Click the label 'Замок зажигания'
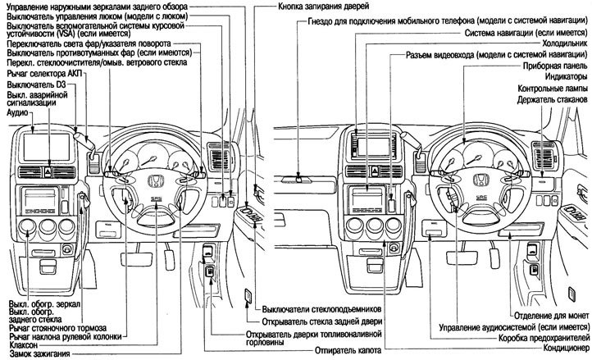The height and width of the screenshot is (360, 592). coord(36,354)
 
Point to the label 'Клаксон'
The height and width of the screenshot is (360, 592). coord(25,345)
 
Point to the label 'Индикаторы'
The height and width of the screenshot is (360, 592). coord(562,76)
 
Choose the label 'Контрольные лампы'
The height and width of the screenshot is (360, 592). coord(552,88)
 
